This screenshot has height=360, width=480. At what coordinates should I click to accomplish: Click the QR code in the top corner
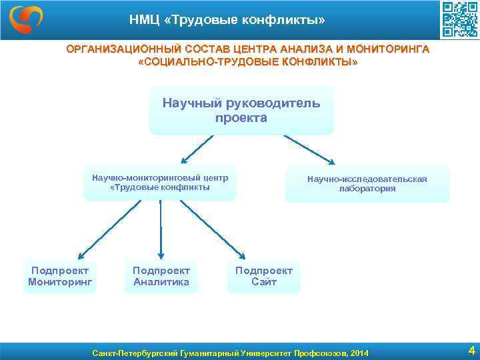tap(459, 20)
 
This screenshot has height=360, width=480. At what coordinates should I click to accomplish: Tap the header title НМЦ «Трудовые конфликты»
tap(227, 21)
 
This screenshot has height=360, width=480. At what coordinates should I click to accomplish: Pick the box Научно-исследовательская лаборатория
tap(367, 184)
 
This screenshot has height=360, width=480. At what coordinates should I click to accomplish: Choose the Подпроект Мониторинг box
tap(60, 276)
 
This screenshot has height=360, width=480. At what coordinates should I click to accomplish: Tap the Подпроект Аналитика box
tap(161, 276)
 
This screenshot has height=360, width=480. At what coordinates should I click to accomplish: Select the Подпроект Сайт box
tap(263, 276)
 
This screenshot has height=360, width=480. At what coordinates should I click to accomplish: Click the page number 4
tap(471, 350)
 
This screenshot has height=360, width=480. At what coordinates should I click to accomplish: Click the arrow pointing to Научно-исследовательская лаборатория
tap(309, 149)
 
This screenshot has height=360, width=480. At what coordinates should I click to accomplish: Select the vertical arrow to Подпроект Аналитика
tap(161, 230)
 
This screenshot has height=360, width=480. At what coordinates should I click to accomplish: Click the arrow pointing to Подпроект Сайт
tap(213, 230)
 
